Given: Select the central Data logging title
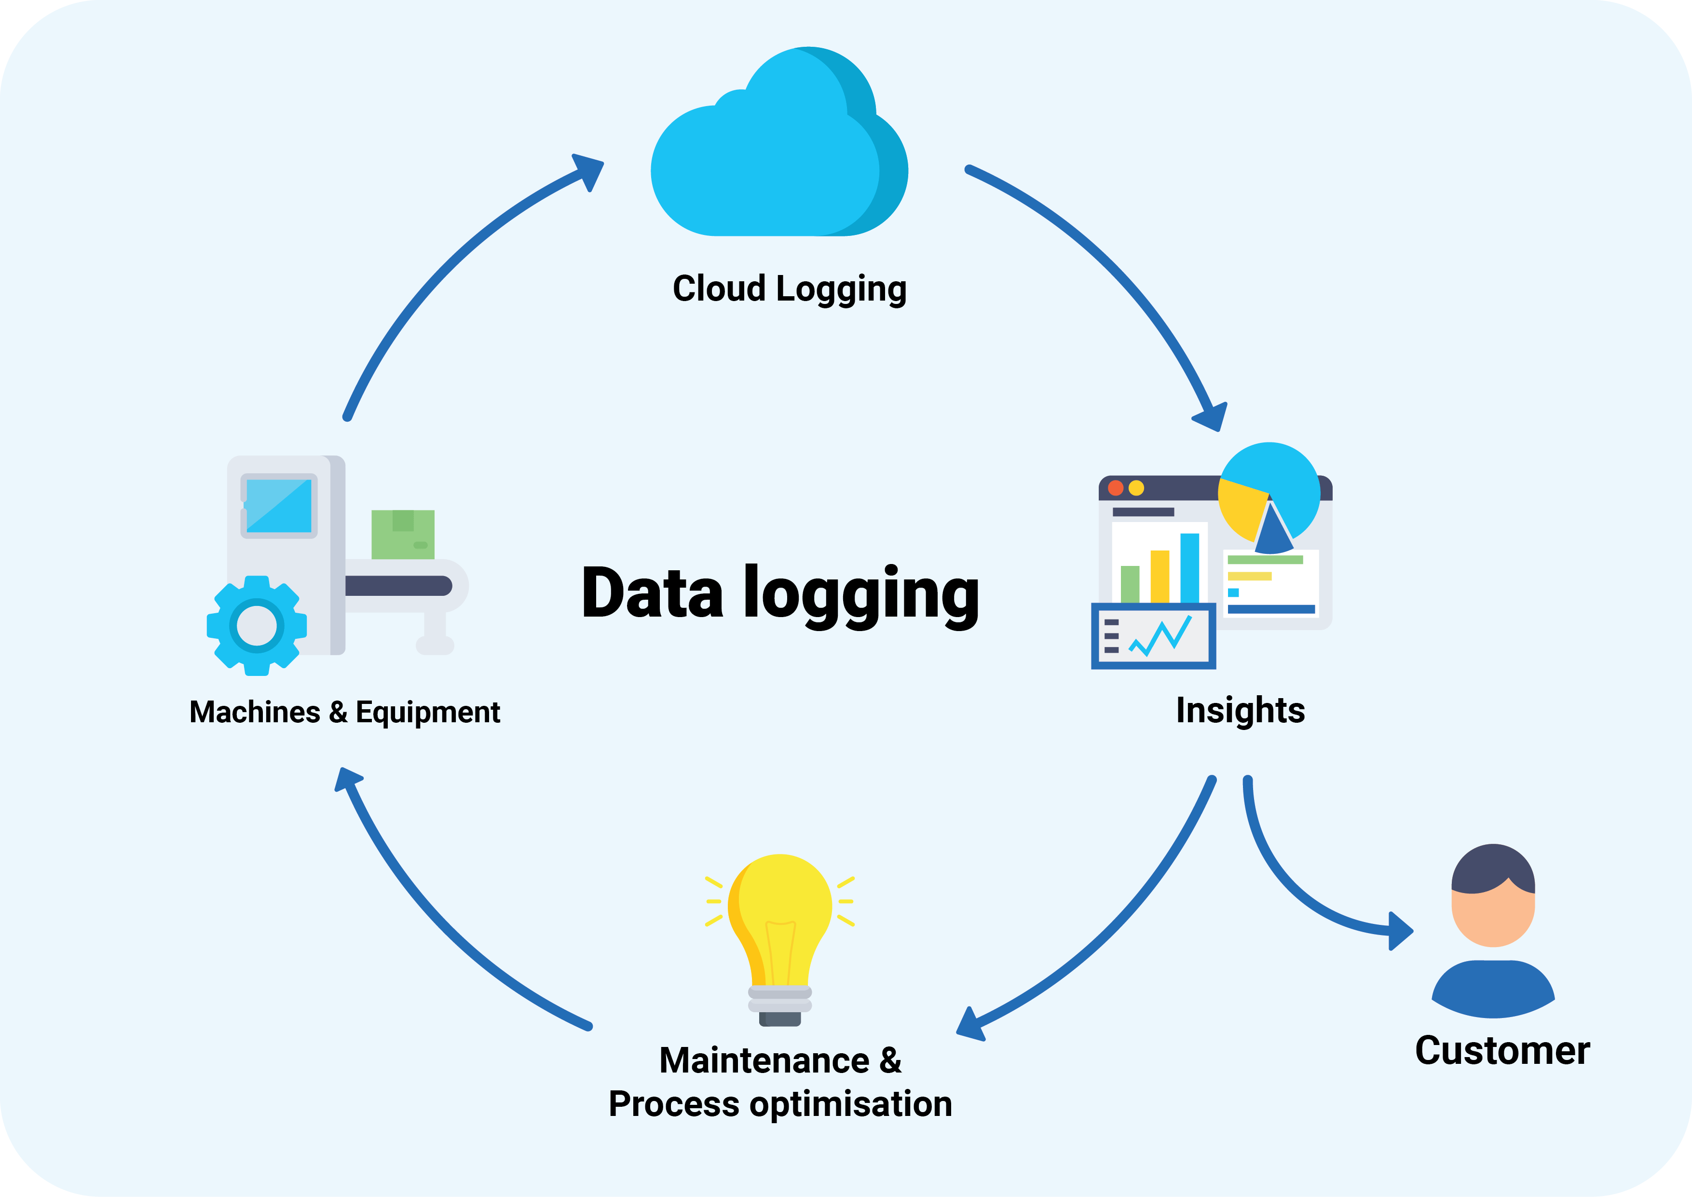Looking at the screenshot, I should coord(780,593).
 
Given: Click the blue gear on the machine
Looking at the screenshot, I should coord(257,626).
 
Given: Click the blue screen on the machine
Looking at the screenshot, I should coord(279,506).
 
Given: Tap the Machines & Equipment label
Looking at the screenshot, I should coord(344,712).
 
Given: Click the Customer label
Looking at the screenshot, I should coord(1502,1050).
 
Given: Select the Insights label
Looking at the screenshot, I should coord(1240,711).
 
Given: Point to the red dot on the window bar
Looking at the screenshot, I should coord(1116,488).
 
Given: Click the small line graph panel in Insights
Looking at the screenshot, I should coord(1153,636).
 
